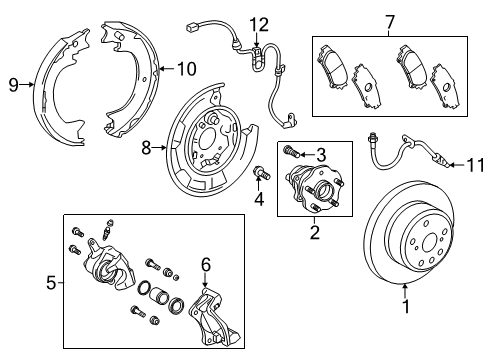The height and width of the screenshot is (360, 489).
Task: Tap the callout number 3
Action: (322, 153)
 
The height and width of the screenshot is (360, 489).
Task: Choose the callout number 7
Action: (391, 20)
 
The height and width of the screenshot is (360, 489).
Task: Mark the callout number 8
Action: (147, 147)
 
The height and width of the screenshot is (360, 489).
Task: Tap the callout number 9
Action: (13, 85)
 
